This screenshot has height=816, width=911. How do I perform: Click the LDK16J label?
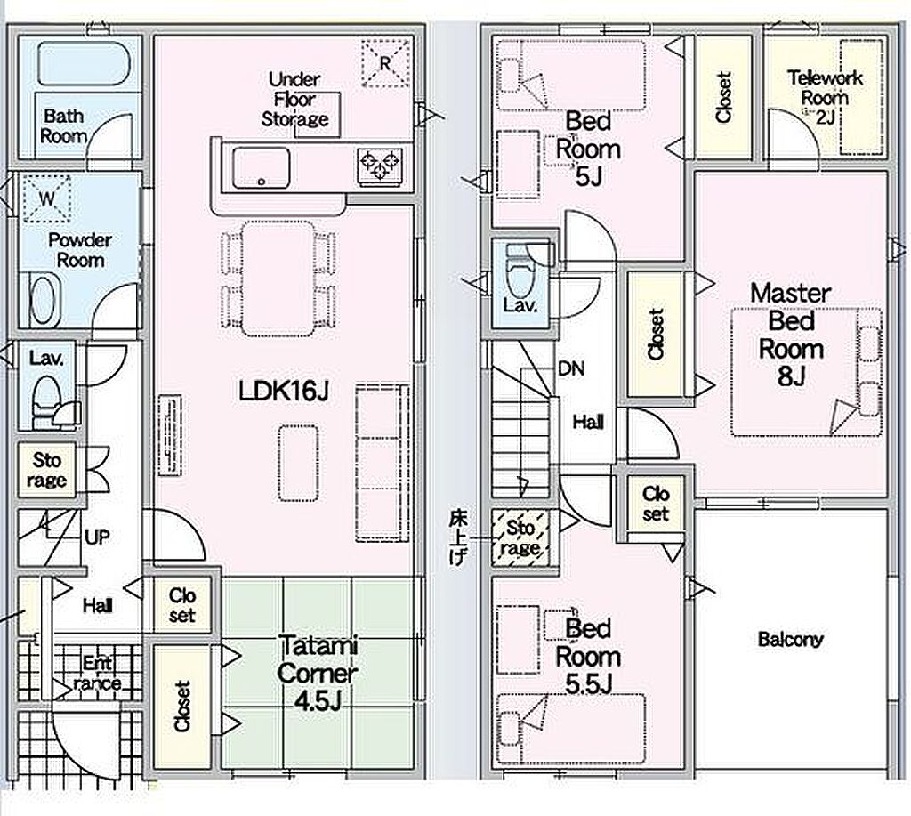click(x=284, y=392)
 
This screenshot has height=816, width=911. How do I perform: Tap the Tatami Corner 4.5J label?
click(x=318, y=674)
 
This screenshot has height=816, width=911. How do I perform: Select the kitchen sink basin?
click(x=261, y=168)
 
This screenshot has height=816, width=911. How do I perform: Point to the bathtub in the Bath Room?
click(x=84, y=62)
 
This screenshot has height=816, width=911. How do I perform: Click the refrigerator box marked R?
click(x=385, y=63)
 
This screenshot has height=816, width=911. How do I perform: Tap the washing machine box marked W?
click(x=46, y=198)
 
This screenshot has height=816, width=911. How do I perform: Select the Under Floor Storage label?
click(x=294, y=100)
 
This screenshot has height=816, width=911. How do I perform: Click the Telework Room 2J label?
click(x=825, y=97)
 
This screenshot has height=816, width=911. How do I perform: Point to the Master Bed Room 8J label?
click(x=791, y=335)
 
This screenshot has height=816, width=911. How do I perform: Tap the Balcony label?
click(x=790, y=640)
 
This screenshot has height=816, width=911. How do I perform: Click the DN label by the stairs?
click(x=571, y=368)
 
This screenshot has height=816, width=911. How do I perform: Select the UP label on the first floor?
click(x=97, y=537)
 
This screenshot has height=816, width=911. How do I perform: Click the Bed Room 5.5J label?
click(x=588, y=657)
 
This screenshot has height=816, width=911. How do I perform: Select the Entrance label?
click(x=97, y=673)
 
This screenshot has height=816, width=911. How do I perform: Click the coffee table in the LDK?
click(x=298, y=463)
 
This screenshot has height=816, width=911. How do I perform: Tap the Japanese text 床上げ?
click(x=458, y=538)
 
